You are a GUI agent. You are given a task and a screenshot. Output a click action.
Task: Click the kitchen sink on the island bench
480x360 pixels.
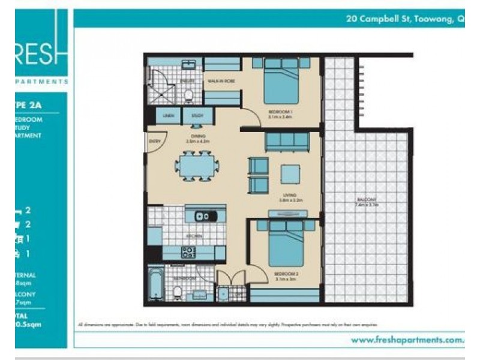point(202,215)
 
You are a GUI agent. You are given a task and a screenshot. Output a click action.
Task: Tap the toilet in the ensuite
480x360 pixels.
point(188,95)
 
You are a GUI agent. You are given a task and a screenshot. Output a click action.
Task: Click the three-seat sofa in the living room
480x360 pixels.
point(287,142)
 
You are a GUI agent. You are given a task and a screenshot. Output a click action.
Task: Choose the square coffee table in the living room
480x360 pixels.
point(290,173)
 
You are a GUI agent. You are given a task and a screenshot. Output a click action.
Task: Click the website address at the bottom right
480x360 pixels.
point(408,340)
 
